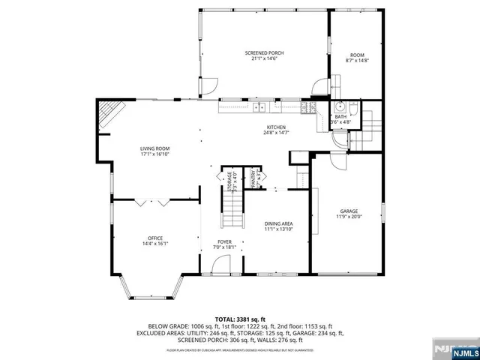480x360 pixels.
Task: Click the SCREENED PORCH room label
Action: click(264, 52)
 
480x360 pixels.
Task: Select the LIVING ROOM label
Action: click(154, 148)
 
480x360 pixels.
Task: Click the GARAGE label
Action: click(347, 211)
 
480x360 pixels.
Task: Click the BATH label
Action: click(340, 116)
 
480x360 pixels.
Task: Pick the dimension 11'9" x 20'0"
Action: click(347, 217)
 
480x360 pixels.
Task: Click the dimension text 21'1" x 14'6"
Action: click(264, 58)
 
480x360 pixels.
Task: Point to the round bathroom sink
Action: click(339, 106)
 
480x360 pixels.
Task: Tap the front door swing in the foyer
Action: click(221, 264)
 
